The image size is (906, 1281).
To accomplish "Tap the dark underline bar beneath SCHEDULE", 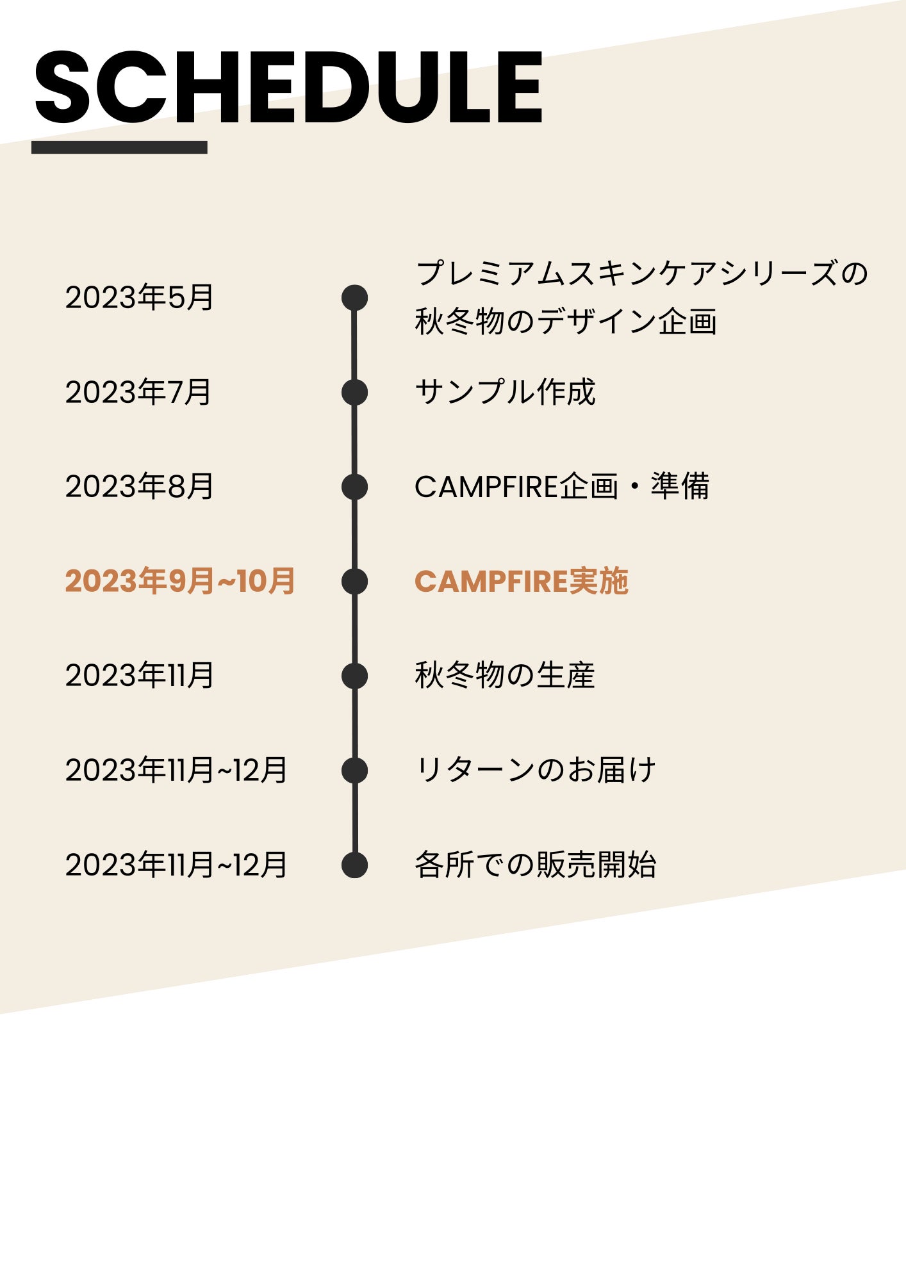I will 119,147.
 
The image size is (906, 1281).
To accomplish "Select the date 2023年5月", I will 139,297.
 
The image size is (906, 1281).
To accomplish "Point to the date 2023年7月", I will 138,392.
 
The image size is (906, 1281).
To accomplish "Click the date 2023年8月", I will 139,486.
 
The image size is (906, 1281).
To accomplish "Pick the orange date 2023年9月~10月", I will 180,581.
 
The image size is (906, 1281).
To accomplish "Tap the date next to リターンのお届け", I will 176,770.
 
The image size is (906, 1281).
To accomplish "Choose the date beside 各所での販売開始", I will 176,865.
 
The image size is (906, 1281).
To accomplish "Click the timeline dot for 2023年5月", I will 354,298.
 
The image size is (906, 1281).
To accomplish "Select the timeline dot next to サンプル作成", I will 354,392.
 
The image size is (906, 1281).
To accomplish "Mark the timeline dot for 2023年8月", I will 354,487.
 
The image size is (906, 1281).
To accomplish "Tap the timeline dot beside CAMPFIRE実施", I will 354,581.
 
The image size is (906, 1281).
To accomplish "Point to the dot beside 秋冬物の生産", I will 354,676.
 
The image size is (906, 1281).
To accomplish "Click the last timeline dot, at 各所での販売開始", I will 354,865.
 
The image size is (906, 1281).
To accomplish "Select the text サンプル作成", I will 505,392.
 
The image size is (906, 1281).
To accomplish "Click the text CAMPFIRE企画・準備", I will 562,486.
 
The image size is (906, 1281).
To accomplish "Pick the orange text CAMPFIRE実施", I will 522,581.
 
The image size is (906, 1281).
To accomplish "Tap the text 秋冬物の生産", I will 505,675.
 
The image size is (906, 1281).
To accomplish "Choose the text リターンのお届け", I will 536,770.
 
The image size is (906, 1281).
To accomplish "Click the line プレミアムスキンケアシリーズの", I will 641,273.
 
